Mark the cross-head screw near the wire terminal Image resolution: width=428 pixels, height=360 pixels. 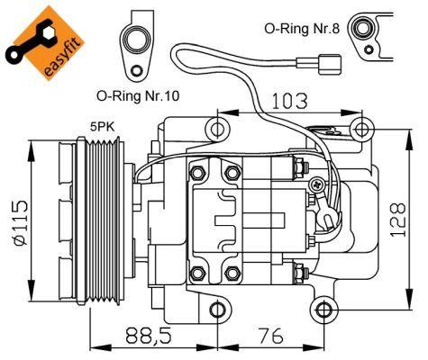click(316, 184)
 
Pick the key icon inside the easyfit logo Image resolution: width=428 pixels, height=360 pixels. click(26, 46)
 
